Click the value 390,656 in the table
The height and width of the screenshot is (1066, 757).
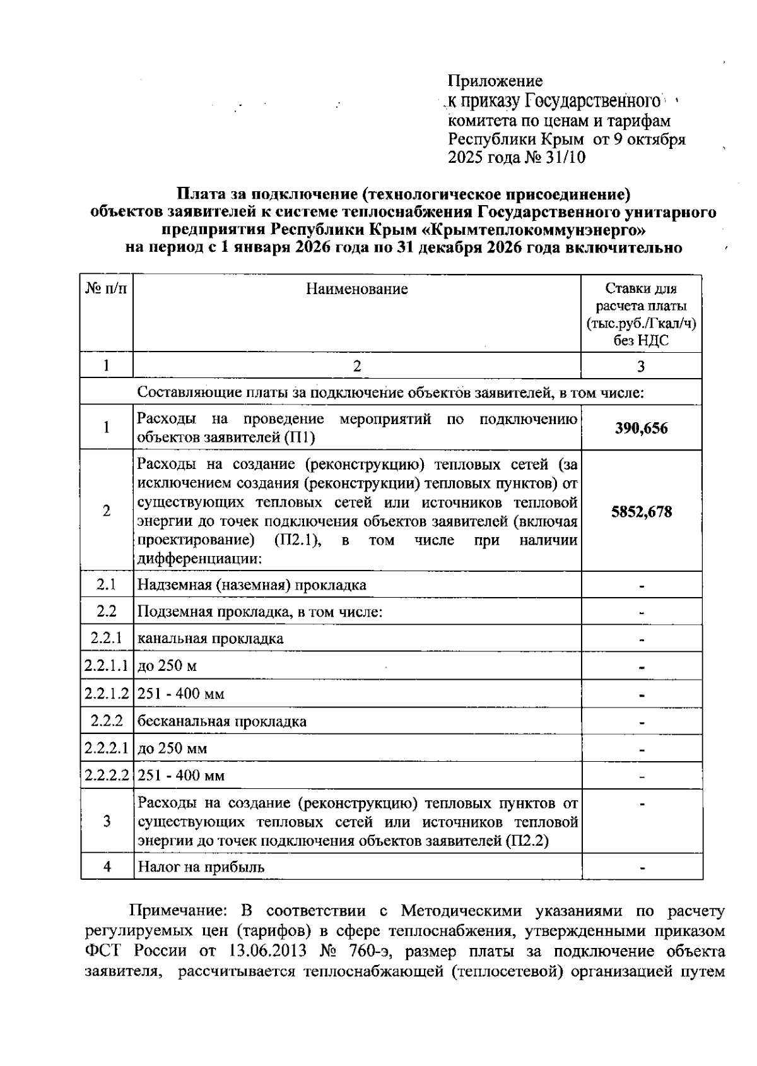click(641, 429)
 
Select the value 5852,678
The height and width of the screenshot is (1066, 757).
click(641, 512)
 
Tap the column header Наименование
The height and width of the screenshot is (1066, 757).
click(357, 289)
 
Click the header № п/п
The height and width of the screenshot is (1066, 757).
click(106, 288)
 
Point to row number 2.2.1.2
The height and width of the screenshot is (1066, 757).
click(107, 694)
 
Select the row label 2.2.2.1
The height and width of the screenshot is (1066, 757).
click(107, 749)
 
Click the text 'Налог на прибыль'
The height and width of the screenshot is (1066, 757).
click(201, 867)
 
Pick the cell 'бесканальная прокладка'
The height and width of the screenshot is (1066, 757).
click(222, 721)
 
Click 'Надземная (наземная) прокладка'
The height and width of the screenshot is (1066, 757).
click(252, 584)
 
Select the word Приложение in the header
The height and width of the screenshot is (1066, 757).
click(495, 81)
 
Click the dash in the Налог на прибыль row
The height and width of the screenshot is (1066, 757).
click(641, 868)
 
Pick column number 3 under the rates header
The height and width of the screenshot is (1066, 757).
click(641, 366)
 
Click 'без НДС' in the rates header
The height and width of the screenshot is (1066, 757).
click(641, 341)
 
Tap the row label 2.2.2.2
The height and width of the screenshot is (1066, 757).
click(107, 776)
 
